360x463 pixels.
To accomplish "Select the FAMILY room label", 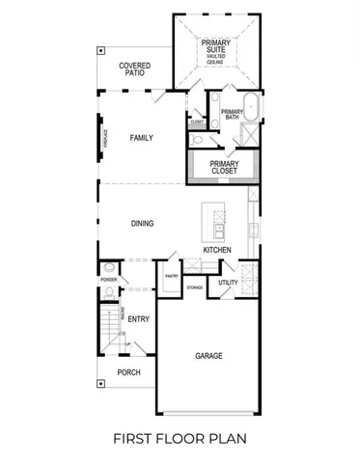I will pyautogui.click(x=142, y=138).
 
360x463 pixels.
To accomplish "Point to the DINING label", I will pyautogui.click(x=143, y=224).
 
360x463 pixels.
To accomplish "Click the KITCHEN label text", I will pyautogui.click(x=216, y=251).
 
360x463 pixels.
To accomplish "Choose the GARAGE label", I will pyautogui.click(x=209, y=356).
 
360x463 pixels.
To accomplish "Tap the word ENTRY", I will pyautogui.click(x=139, y=319).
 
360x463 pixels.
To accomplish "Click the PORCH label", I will pyautogui.click(x=129, y=372).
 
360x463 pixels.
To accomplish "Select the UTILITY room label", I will pyautogui.click(x=228, y=282).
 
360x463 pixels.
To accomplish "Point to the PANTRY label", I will pyautogui.click(x=172, y=276).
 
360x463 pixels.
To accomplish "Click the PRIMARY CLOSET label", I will pyautogui.click(x=225, y=168).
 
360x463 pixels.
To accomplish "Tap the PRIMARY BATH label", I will pyautogui.click(x=232, y=115).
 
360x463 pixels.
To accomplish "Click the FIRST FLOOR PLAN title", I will pyautogui.click(x=180, y=440).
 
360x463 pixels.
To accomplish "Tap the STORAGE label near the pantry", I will pyautogui.click(x=195, y=287).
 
